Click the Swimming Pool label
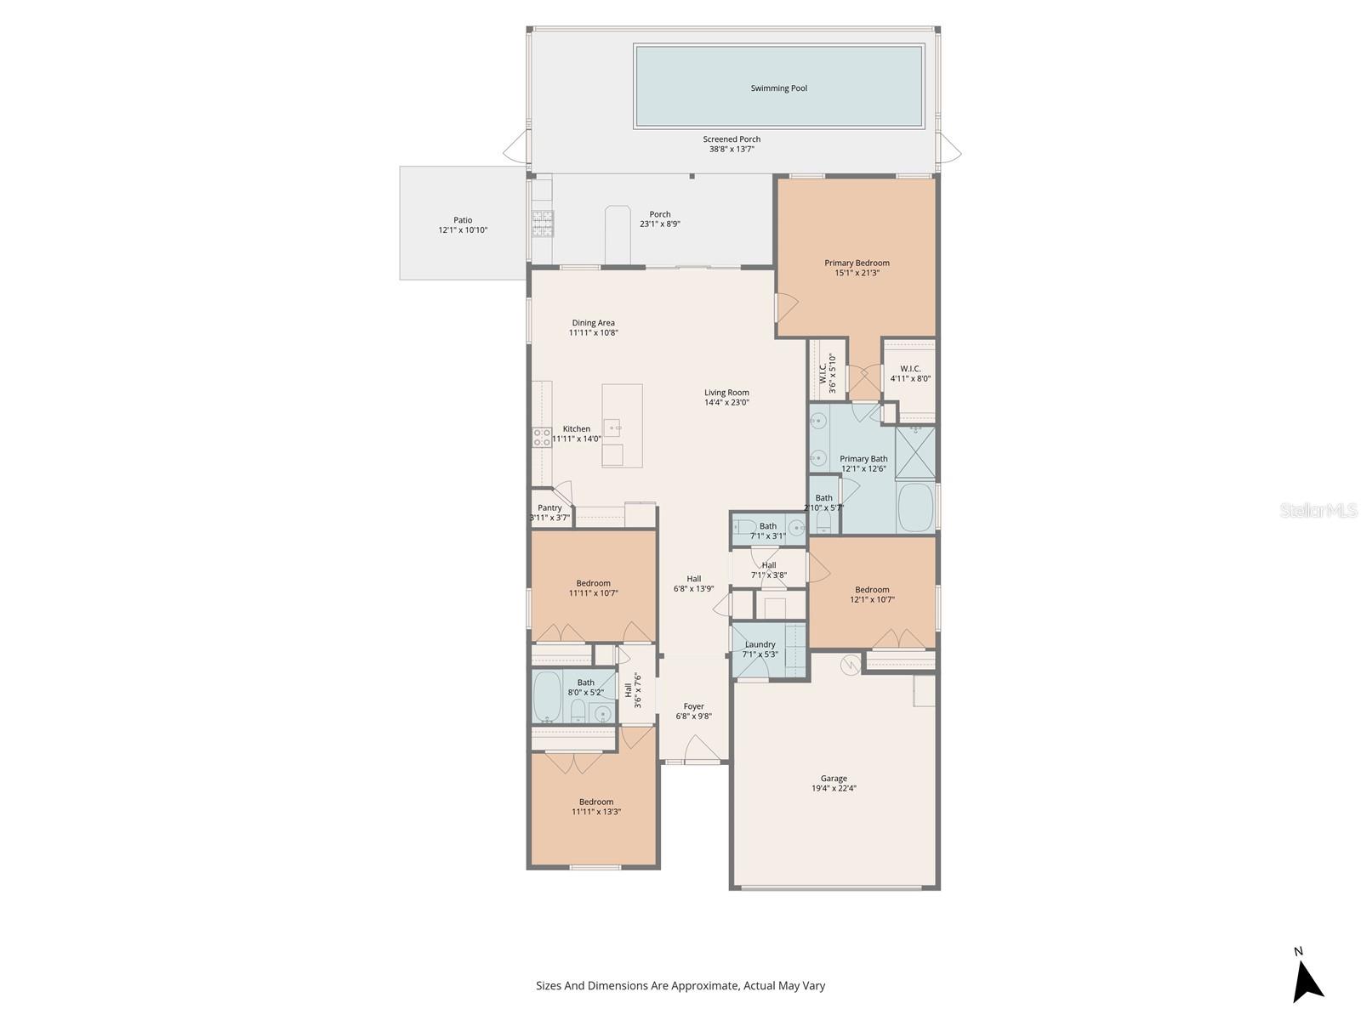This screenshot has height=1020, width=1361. [x=778, y=88]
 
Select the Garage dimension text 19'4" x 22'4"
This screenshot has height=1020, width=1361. [x=834, y=789]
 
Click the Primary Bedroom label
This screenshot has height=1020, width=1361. [x=857, y=263]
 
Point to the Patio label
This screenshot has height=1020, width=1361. [x=463, y=220]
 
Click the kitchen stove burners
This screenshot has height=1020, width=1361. [x=542, y=437]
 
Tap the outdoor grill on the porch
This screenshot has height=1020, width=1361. [x=543, y=223]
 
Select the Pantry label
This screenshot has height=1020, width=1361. [x=550, y=507]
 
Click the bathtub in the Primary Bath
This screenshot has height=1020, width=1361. [x=915, y=507]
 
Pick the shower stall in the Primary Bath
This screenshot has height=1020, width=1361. [x=915, y=452]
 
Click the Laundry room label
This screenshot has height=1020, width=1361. [x=760, y=644]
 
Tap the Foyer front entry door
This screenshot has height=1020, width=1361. [x=703, y=750]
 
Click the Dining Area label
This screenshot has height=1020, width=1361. [x=593, y=323]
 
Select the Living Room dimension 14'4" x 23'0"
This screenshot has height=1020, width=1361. [x=726, y=403]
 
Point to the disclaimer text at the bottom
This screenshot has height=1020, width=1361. [x=680, y=986]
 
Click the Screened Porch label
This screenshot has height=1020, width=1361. [x=732, y=139]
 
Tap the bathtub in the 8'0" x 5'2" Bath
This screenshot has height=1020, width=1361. [x=547, y=696]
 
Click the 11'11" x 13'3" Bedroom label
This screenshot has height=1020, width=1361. [x=596, y=802]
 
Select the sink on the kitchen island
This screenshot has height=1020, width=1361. [x=612, y=428]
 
